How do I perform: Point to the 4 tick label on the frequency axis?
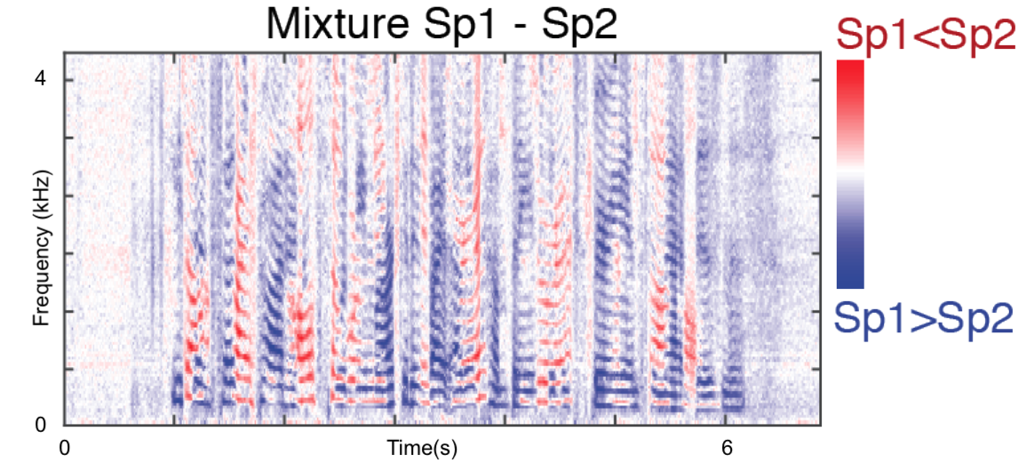[x=39, y=79]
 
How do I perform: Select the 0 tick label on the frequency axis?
[x=39, y=425]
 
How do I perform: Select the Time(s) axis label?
[x=421, y=449]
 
